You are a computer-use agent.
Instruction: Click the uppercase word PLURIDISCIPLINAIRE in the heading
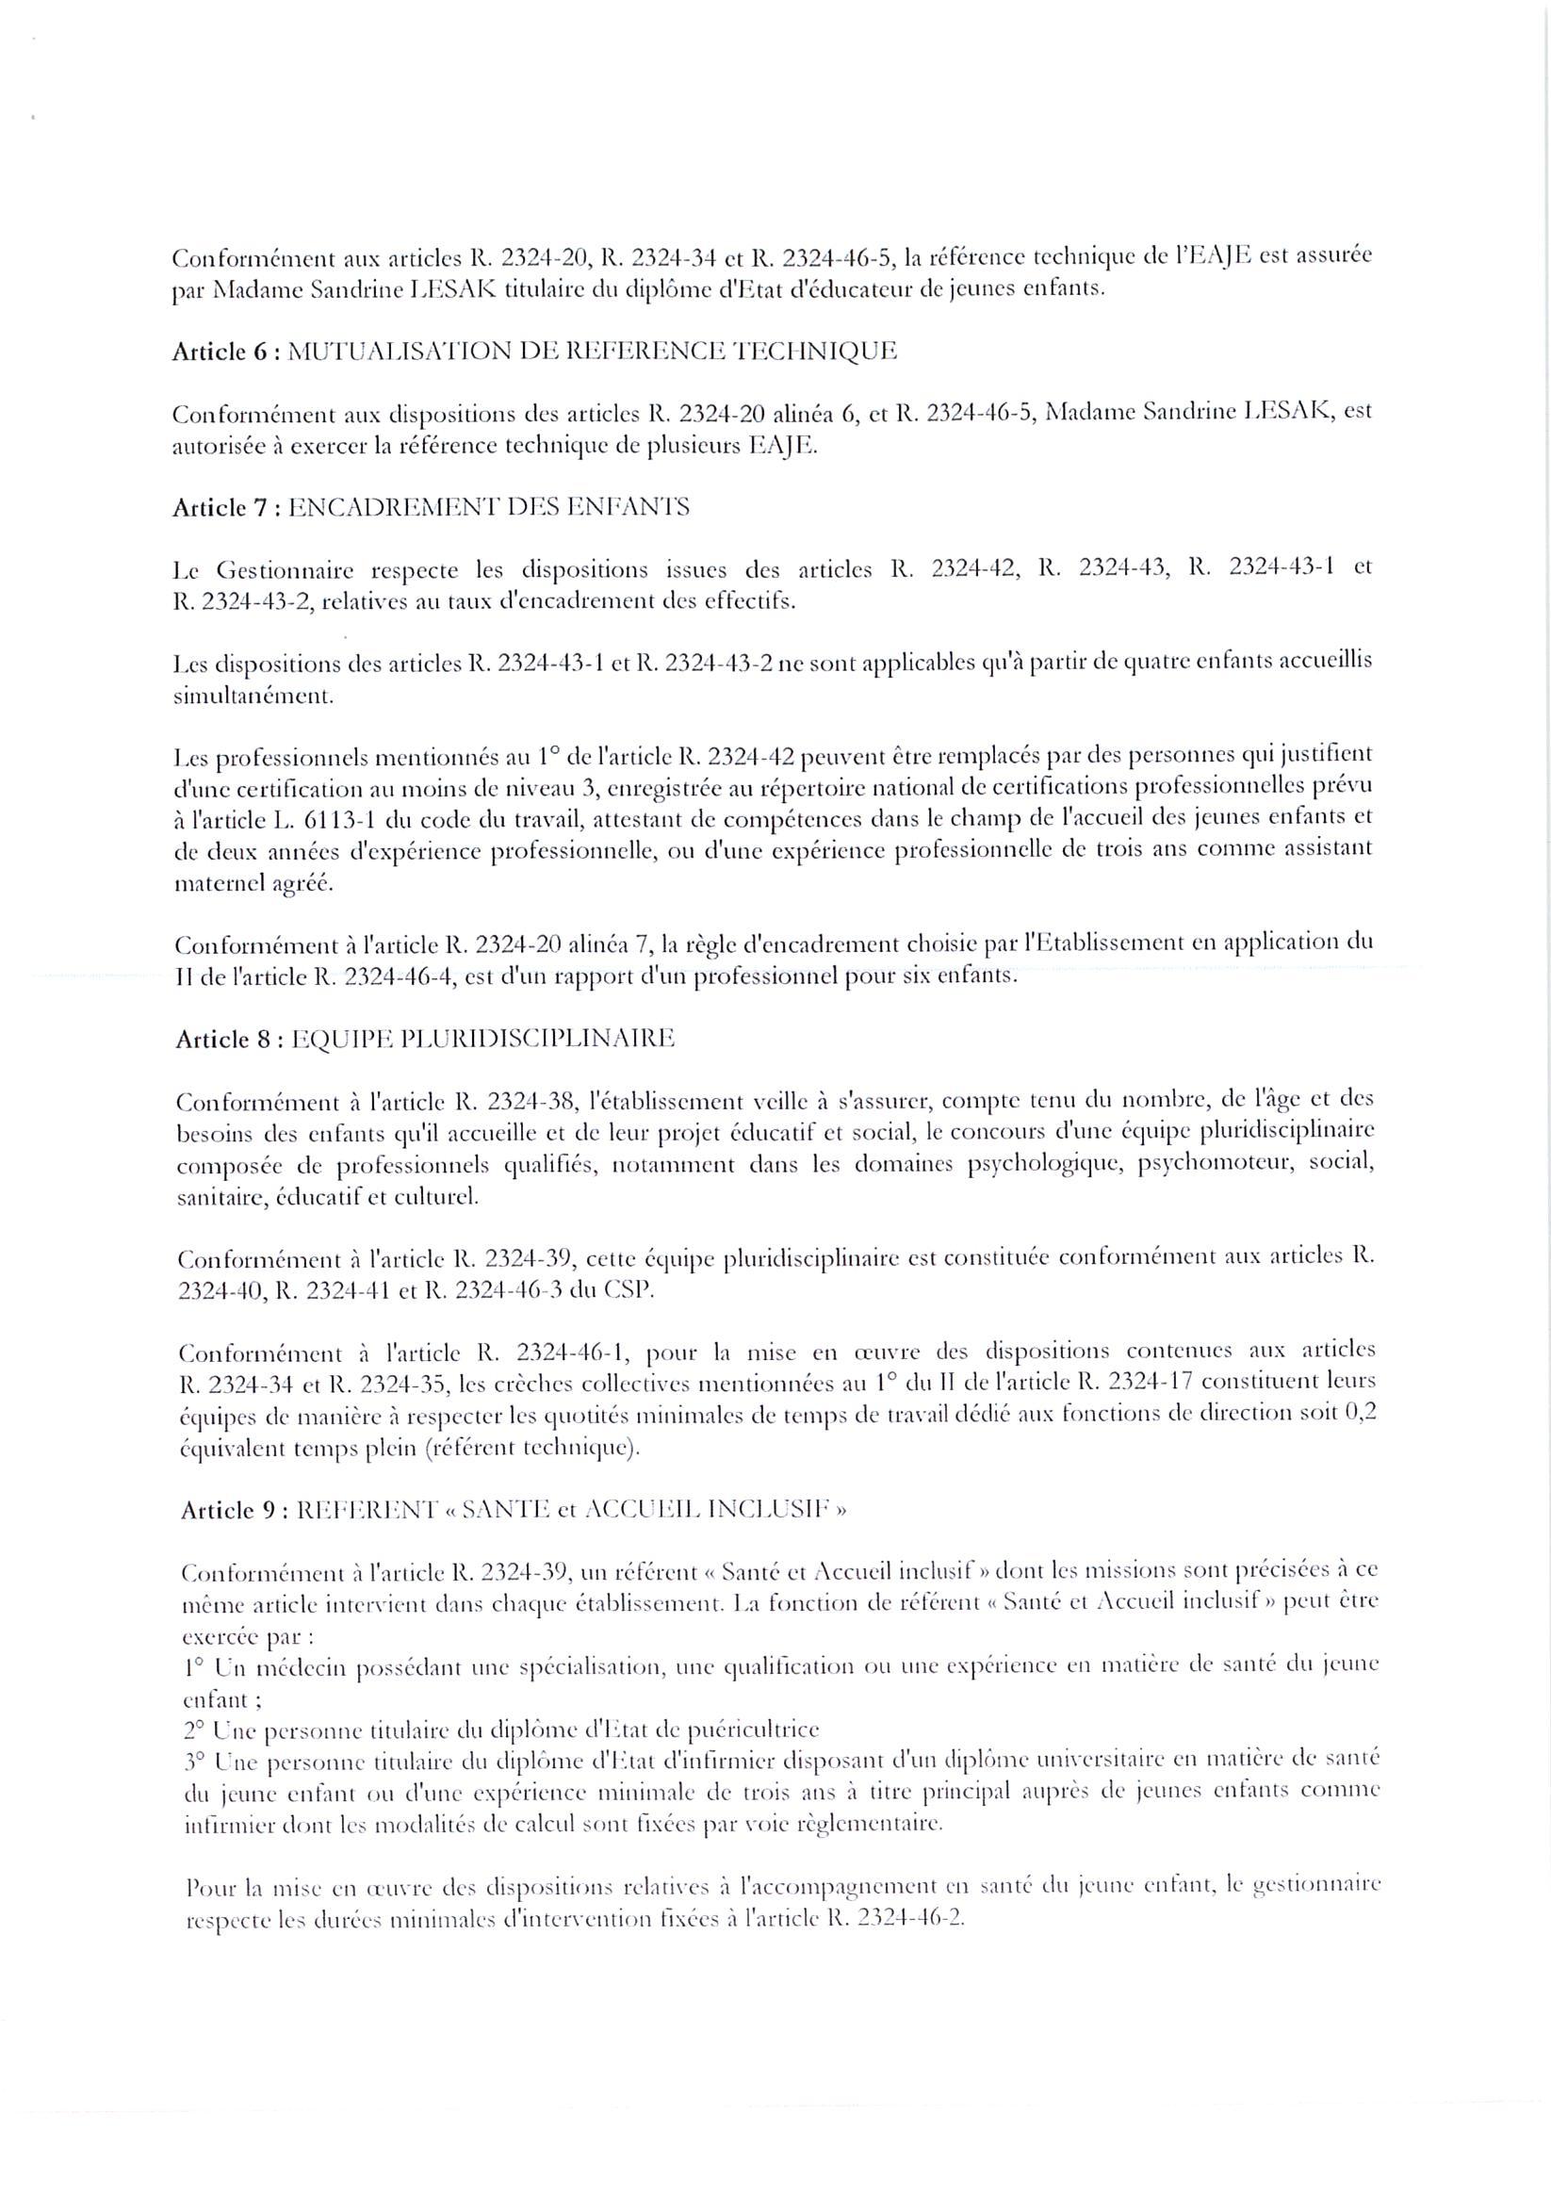pos(544,1040)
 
